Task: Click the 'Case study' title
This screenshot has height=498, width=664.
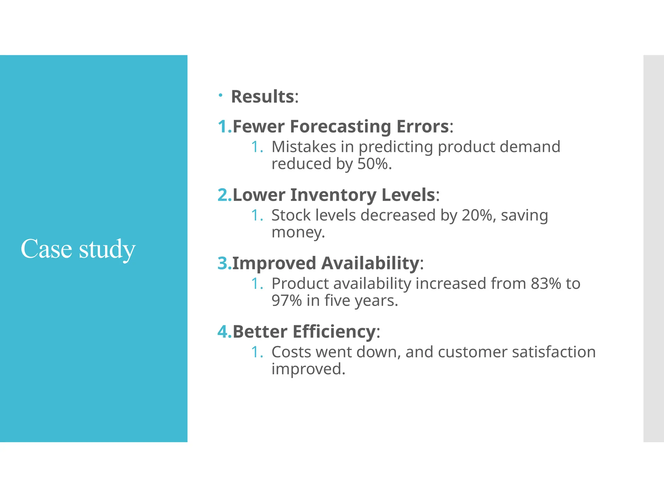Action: pos(78,249)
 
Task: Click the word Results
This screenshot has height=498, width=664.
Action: pos(262,97)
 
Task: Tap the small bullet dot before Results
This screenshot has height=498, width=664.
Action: pos(220,95)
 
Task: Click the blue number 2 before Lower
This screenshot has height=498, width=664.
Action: pos(223,195)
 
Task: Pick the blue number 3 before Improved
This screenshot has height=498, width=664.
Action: pos(223,263)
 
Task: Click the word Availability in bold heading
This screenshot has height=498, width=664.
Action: pos(370,263)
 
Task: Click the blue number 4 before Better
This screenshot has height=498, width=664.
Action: pos(223,332)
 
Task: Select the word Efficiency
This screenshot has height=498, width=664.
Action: pos(334,332)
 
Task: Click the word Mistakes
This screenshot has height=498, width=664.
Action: pos(303,147)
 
